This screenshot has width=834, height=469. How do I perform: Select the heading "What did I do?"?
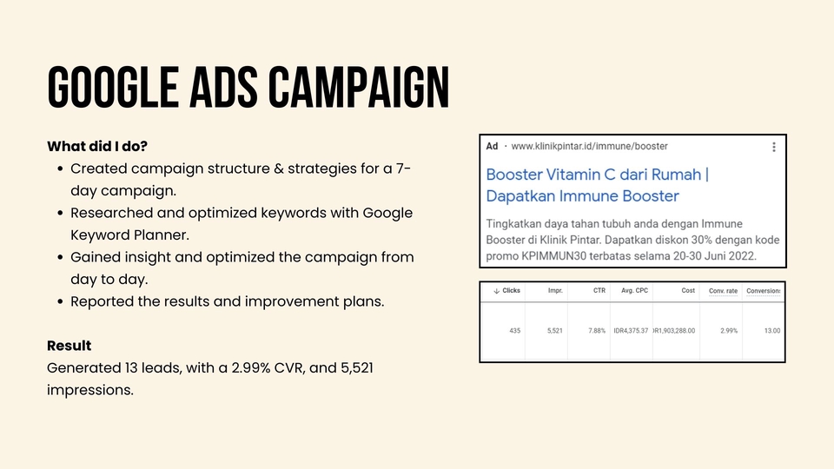[x=96, y=145]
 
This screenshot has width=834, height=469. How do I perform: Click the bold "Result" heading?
[x=69, y=346]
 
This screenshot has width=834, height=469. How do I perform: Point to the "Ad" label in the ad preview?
[x=493, y=147]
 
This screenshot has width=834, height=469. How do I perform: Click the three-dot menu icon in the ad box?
[x=774, y=148]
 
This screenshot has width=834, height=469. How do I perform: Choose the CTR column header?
[x=599, y=290]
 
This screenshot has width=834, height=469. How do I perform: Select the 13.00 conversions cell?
[x=771, y=330]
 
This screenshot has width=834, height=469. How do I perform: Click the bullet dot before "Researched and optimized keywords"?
[x=59, y=213]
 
